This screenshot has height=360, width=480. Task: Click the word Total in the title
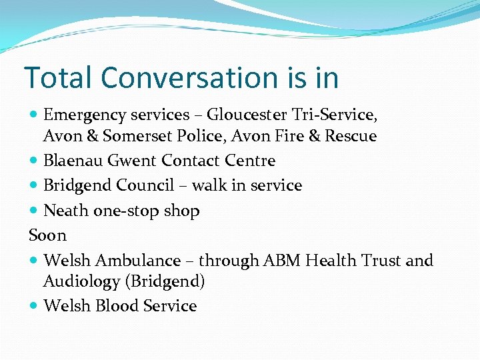click(58, 77)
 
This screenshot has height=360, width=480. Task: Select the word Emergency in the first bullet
click(77, 115)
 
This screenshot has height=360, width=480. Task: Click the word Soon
click(47, 235)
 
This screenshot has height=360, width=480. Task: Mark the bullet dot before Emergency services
click(34, 115)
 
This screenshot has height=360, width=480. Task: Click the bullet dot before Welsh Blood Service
click(34, 306)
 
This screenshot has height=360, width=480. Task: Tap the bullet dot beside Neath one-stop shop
click(34, 211)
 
